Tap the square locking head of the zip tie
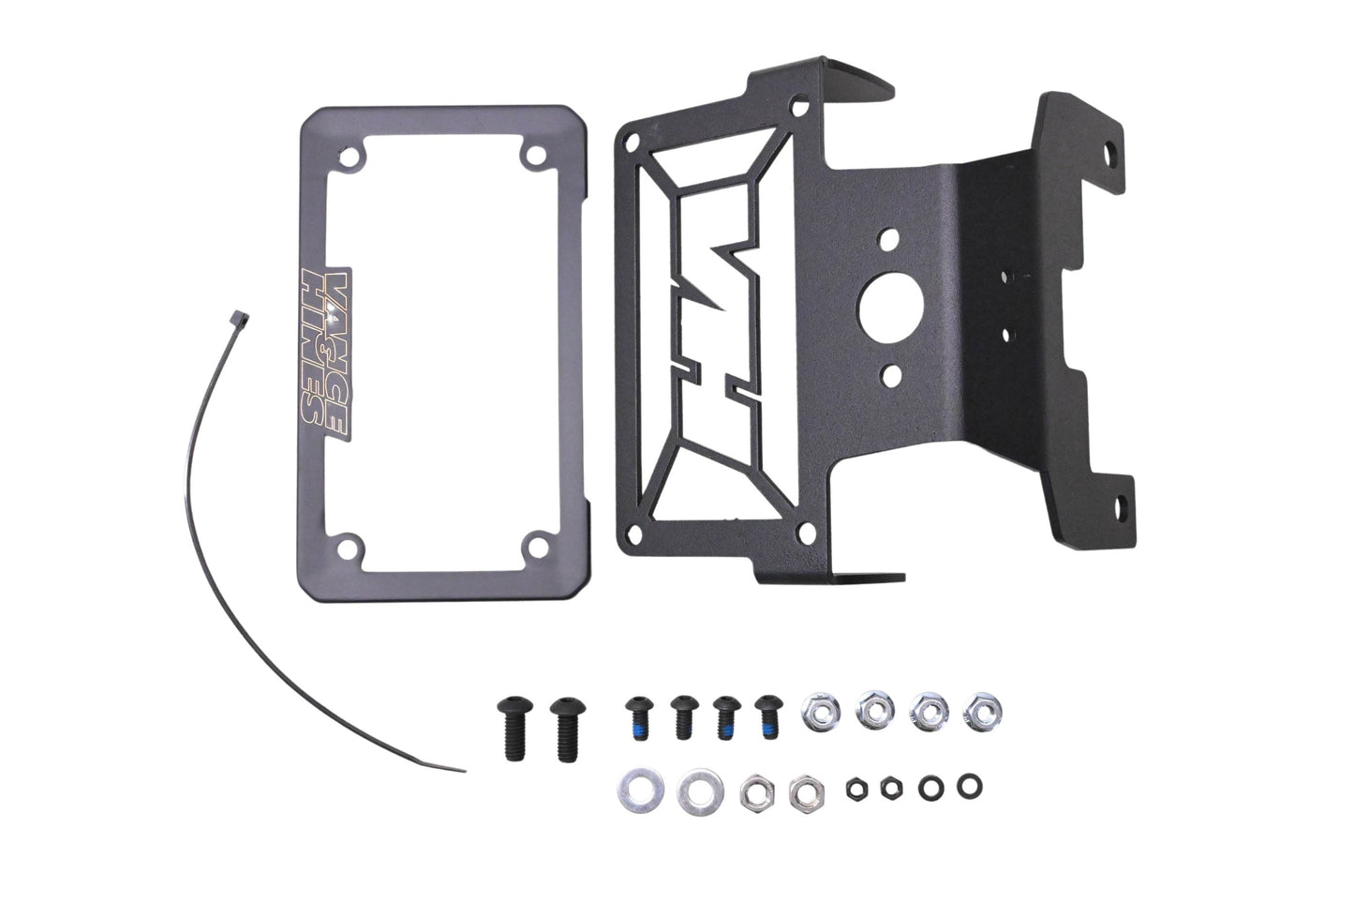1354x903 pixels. click(239, 317)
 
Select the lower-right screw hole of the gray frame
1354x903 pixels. click(537, 547)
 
